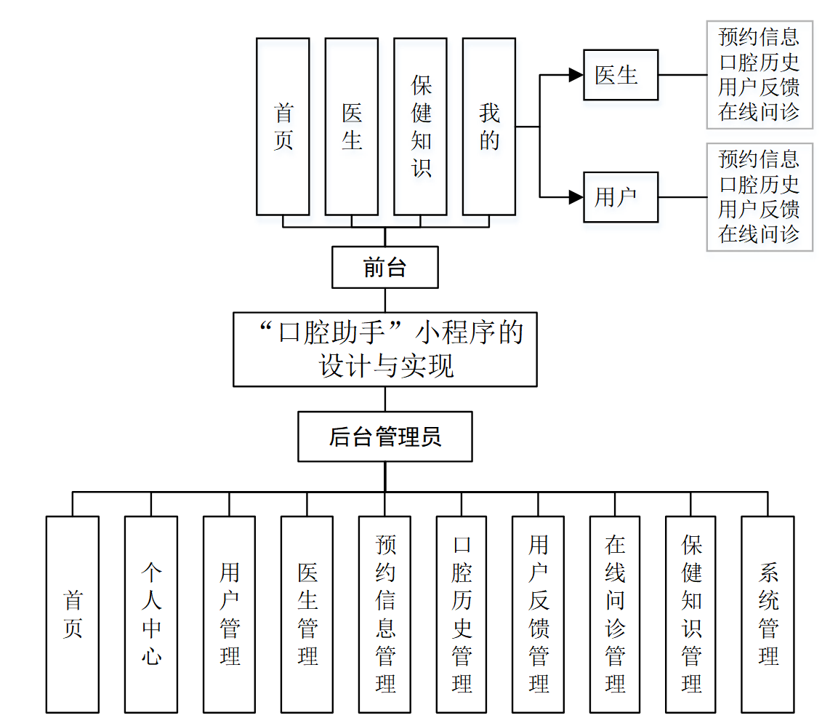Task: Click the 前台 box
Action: click(384, 268)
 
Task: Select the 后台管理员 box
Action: click(384, 436)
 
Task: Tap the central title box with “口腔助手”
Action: click(384, 349)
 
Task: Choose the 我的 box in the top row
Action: click(489, 127)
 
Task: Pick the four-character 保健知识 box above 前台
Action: click(420, 127)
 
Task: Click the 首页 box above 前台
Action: click(283, 127)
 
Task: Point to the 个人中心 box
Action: click(150, 614)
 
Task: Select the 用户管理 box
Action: click(229, 614)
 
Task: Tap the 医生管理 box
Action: click(307, 614)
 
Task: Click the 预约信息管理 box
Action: click(384, 614)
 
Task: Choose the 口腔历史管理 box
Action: click(462, 614)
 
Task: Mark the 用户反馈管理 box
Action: click(538, 614)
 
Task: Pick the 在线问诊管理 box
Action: click(615, 614)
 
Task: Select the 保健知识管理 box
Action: click(690, 614)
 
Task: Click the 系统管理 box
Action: click(767, 614)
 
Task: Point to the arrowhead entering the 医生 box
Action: click(576, 75)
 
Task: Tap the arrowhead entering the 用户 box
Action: click(576, 197)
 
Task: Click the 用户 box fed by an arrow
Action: click(621, 197)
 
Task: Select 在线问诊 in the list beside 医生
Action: click(759, 112)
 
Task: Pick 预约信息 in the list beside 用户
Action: click(759, 159)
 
